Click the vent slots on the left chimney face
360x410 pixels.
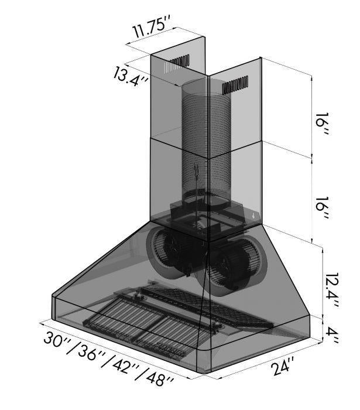pyautogui.click(x=177, y=63)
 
